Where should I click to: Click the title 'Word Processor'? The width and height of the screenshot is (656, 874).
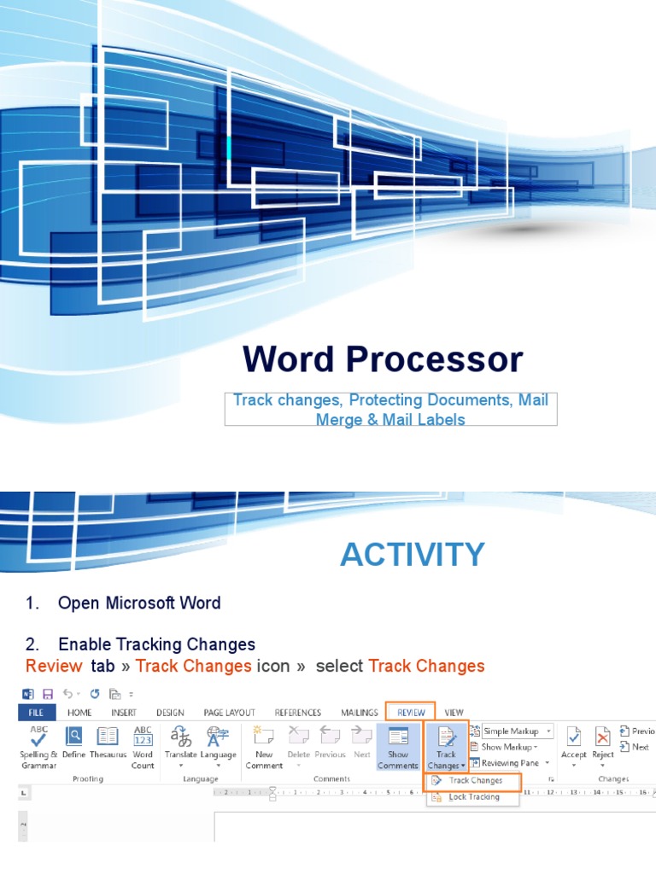tap(382, 359)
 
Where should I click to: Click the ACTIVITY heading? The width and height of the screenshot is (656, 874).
tap(412, 555)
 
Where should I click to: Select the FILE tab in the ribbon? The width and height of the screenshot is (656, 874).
tap(37, 712)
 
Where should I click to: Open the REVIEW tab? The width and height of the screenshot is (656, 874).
tap(411, 712)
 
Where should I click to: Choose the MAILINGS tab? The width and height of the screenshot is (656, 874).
tap(359, 712)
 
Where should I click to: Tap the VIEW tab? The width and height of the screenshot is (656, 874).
tap(454, 712)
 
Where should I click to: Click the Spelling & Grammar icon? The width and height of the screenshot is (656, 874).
tap(39, 737)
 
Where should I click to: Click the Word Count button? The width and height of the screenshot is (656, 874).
tap(143, 738)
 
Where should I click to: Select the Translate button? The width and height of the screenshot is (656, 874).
tap(180, 738)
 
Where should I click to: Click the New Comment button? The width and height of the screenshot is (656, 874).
tap(264, 738)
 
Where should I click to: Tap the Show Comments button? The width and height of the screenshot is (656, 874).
tap(398, 738)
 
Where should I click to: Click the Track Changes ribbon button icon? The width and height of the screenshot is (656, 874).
tap(446, 738)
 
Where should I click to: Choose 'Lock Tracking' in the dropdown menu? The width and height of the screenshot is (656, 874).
tap(473, 797)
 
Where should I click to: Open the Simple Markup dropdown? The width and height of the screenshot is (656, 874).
tap(517, 731)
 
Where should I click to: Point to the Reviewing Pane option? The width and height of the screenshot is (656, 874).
tap(509, 763)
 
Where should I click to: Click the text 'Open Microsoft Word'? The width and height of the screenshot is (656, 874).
tap(139, 603)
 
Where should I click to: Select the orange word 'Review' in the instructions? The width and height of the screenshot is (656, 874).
tap(54, 666)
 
